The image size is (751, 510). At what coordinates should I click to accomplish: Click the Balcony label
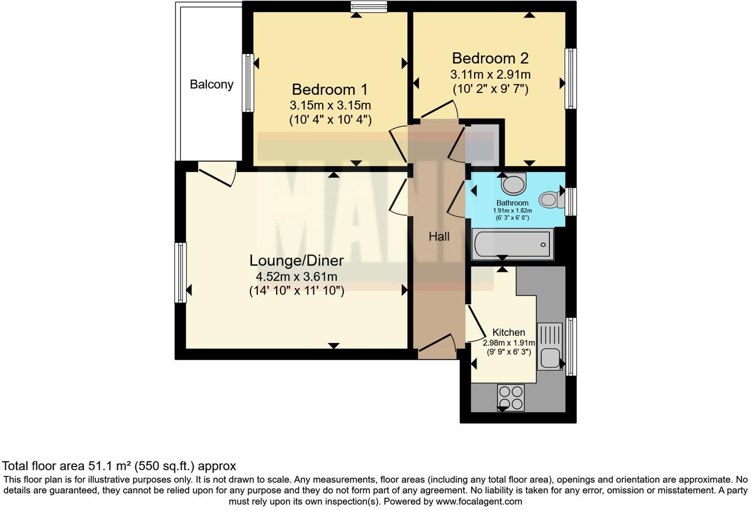(211, 85)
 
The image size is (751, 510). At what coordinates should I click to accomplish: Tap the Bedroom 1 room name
(330, 89)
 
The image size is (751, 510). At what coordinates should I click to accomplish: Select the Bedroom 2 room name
(490, 58)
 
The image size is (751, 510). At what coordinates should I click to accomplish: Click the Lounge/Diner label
(296, 260)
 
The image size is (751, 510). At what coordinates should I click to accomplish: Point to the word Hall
(439, 237)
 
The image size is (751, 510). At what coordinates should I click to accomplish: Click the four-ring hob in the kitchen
(511, 397)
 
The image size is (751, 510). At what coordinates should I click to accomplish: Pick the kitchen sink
(550, 346)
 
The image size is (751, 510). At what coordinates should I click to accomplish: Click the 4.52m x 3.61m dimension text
(296, 276)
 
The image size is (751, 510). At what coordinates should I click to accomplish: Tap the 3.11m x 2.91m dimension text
(490, 75)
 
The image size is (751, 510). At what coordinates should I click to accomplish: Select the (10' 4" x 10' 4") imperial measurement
(330, 120)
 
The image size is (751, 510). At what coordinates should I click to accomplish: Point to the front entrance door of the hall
(437, 346)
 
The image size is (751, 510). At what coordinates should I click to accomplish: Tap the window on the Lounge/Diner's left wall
(181, 272)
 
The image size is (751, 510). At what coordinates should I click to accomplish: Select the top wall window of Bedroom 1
(368, 6)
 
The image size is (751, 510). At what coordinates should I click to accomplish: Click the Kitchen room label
(508, 333)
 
